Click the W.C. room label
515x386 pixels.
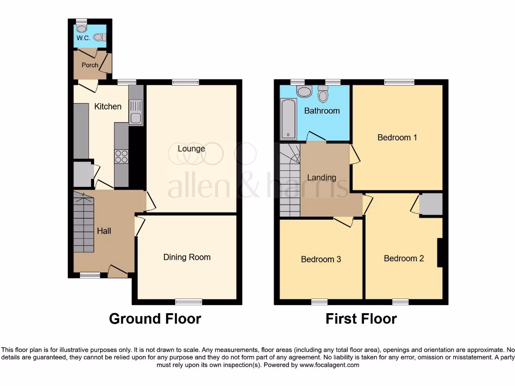pos(82,38)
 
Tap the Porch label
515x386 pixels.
pos(90,65)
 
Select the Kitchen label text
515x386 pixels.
pos(108,107)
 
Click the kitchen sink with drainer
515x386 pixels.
pos(136,112)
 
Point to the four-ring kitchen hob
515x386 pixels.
pos(121,157)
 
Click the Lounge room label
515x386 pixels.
pos(191,149)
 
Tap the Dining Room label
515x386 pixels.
pos(187,257)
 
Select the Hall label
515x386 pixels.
pos(104,231)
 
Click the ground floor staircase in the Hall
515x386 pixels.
pos(83,224)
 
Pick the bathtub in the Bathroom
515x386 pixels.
pos(288,119)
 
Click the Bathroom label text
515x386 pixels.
pos(322,111)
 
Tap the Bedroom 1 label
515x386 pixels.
pos(397,137)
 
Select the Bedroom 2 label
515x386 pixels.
pos(404,258)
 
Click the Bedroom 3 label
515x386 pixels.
pos(321,259)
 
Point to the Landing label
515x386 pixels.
pos(322,177)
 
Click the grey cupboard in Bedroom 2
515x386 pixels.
pos(431,205)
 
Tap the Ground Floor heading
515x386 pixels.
pos(155,319)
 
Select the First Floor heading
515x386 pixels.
pos(361,319)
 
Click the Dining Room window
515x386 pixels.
pos(189,302)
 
